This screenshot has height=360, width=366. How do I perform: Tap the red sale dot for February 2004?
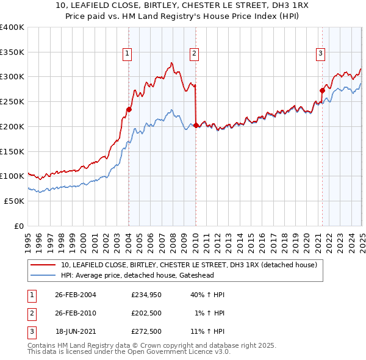tap(129, 110)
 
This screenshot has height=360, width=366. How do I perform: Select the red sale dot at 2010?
tap(196, 126)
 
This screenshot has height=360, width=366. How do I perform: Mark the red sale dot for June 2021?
tap(322, 91)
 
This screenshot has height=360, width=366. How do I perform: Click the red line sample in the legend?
tap(43, 265)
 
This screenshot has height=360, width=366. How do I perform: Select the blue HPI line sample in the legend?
tap(43, 275)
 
